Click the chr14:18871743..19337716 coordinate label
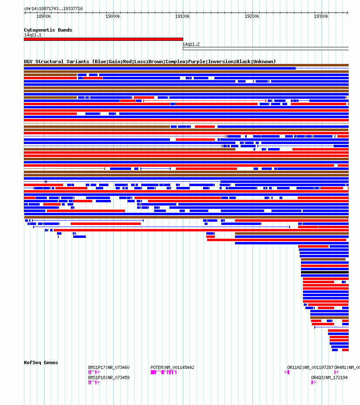[53, 8]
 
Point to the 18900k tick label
[44, 16]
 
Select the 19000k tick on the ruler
[113, 16]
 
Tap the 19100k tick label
[182, 16]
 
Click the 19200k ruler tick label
[252, 16]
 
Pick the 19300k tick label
[321, 16]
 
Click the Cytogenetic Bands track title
[48, 30]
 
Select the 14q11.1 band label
[32, 35]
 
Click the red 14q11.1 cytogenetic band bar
[103, 39]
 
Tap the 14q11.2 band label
[191, 44]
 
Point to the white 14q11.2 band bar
[265, 49]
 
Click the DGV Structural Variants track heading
[150, 61]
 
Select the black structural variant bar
[324, 272]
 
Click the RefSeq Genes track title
[41, 363]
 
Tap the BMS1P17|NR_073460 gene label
[109, 367]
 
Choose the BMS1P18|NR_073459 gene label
[109, 377]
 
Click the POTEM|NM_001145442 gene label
[172, 367]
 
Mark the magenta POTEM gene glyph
[163, 372]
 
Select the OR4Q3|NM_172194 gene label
[329, 377]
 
